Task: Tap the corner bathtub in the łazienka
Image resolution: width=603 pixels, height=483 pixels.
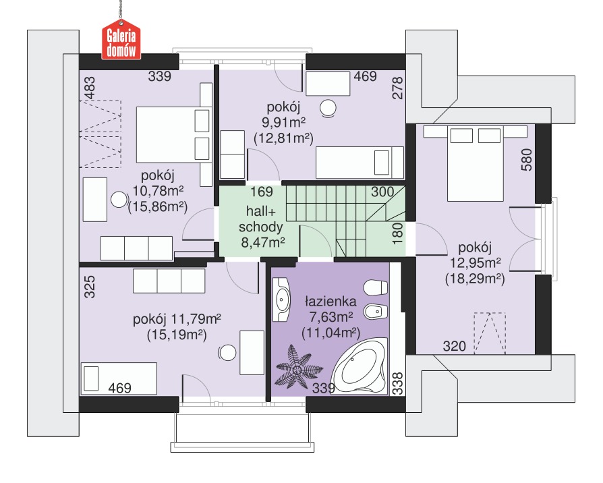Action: click(360, 366)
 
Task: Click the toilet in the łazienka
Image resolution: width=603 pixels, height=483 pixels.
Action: click(376, 288)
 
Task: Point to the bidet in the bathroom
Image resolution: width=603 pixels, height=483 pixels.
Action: click(376, 311)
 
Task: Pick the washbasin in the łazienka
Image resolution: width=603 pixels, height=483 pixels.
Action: click(281, 300)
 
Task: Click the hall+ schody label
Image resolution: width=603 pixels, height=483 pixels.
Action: click(261, 219)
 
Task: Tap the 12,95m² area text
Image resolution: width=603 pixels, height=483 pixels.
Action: click(476, 262)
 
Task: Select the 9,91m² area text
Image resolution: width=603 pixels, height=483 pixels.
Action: click(284, 122)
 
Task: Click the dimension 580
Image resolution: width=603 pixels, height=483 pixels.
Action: click(526, 160)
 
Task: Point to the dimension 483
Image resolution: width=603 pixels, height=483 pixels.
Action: click(89, 88)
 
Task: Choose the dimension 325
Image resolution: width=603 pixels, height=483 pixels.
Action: click(89, 287)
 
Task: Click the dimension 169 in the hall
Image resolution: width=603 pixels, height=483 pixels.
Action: click(262, 192)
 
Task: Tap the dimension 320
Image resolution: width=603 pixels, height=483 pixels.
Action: click(455, 346)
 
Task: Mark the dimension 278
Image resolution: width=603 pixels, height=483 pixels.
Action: click(398, 88)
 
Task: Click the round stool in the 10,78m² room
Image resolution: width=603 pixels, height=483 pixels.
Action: click(119, 199)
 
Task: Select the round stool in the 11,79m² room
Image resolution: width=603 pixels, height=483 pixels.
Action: click(227, 352)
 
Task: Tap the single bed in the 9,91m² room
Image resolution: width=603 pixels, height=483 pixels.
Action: click(360, 163)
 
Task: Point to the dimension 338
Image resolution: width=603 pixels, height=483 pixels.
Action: click(398, 383)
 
